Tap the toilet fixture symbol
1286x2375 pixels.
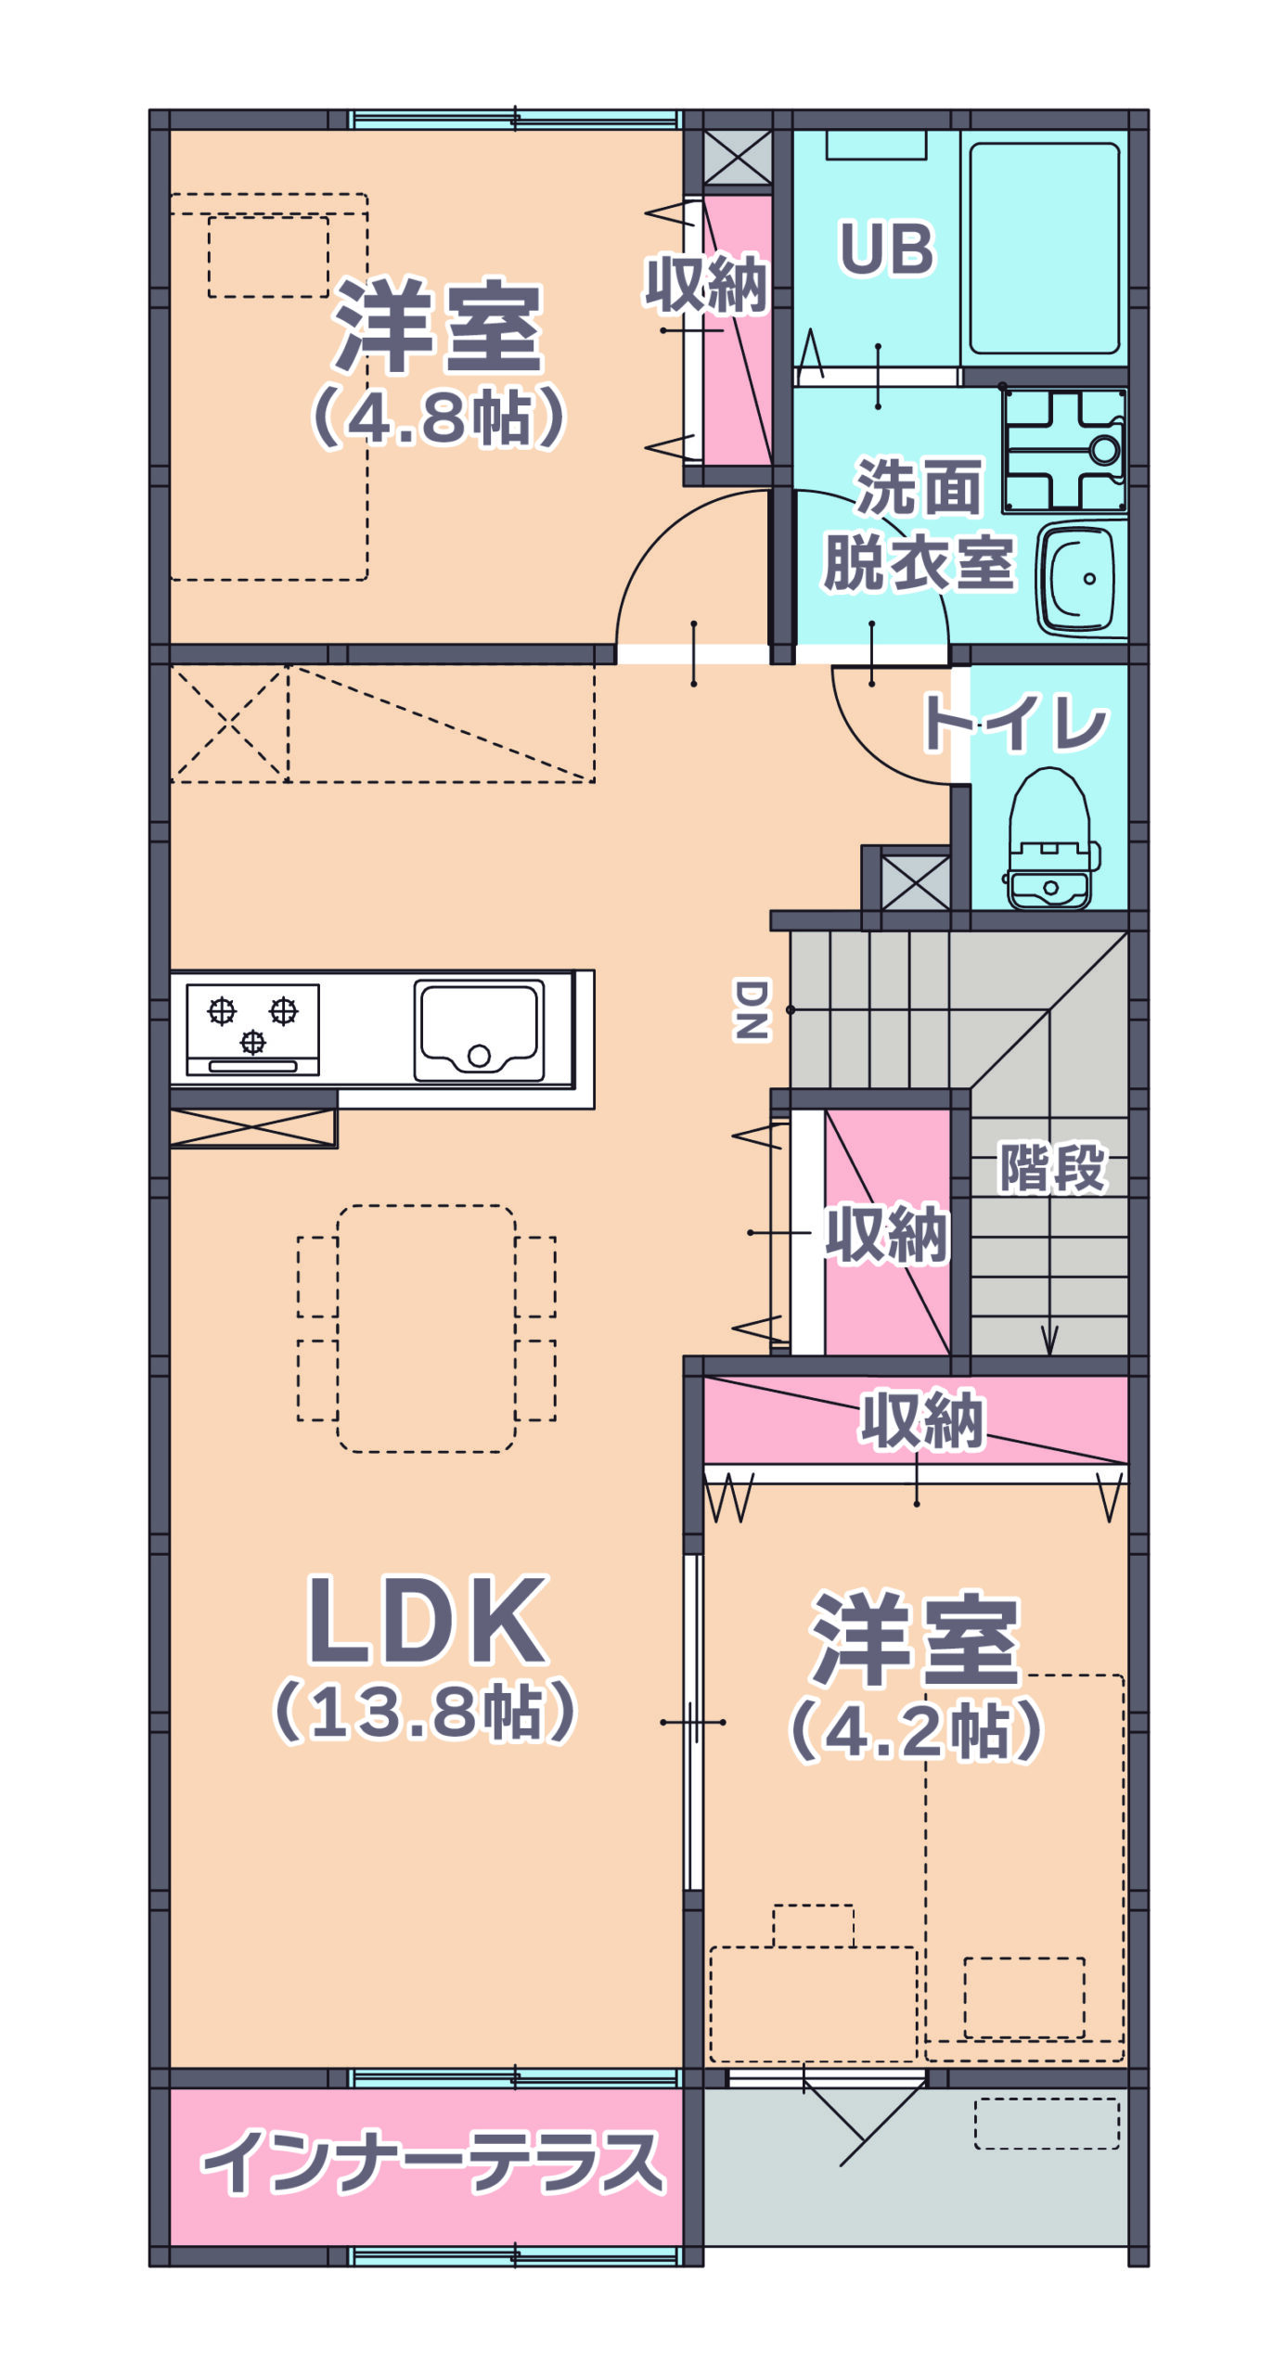[1050, 839]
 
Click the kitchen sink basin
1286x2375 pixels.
[479, 1030]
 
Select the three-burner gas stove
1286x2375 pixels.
[252, 1029]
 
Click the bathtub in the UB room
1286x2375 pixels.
[1044, 248]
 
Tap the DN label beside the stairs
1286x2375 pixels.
[752, 1009]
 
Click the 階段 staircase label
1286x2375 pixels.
[1052, 1167]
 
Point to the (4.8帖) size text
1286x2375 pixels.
[438, 417]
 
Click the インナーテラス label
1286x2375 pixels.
[432, 2162]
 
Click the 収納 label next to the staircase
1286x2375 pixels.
[887, 1234]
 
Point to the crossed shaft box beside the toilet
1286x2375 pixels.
[916, 882]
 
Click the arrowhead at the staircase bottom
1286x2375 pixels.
[1049, 1341]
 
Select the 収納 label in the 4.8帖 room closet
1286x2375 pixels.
[707, 285]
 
